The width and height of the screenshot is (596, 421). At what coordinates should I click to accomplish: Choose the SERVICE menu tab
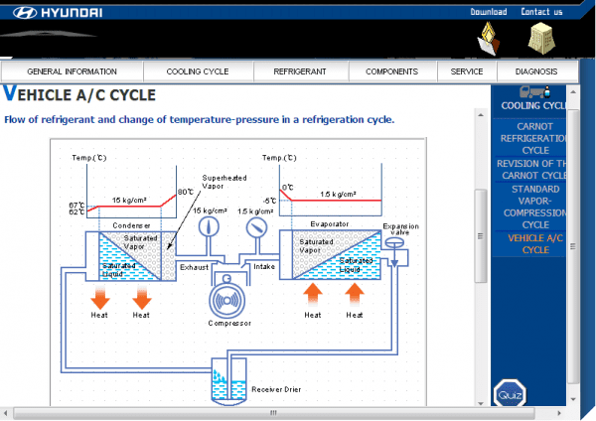coord(466,71)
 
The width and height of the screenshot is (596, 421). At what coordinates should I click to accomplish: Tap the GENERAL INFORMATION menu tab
coord(72,71)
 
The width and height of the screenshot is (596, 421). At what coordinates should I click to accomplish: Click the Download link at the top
coord(488,12)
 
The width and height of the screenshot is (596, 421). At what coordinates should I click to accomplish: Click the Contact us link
coord(541,12)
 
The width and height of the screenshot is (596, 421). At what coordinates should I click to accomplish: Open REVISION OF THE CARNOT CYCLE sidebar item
coord(534,169)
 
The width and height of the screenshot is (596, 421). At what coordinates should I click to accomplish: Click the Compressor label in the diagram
coord(229,323)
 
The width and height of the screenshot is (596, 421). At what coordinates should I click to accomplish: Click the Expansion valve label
coord(401,230)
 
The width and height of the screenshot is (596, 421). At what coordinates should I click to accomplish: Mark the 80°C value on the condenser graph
coord(185,192)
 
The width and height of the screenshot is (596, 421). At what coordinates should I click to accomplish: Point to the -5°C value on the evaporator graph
coord(270,201)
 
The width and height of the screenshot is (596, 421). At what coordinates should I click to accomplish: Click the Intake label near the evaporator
coord(264,266)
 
